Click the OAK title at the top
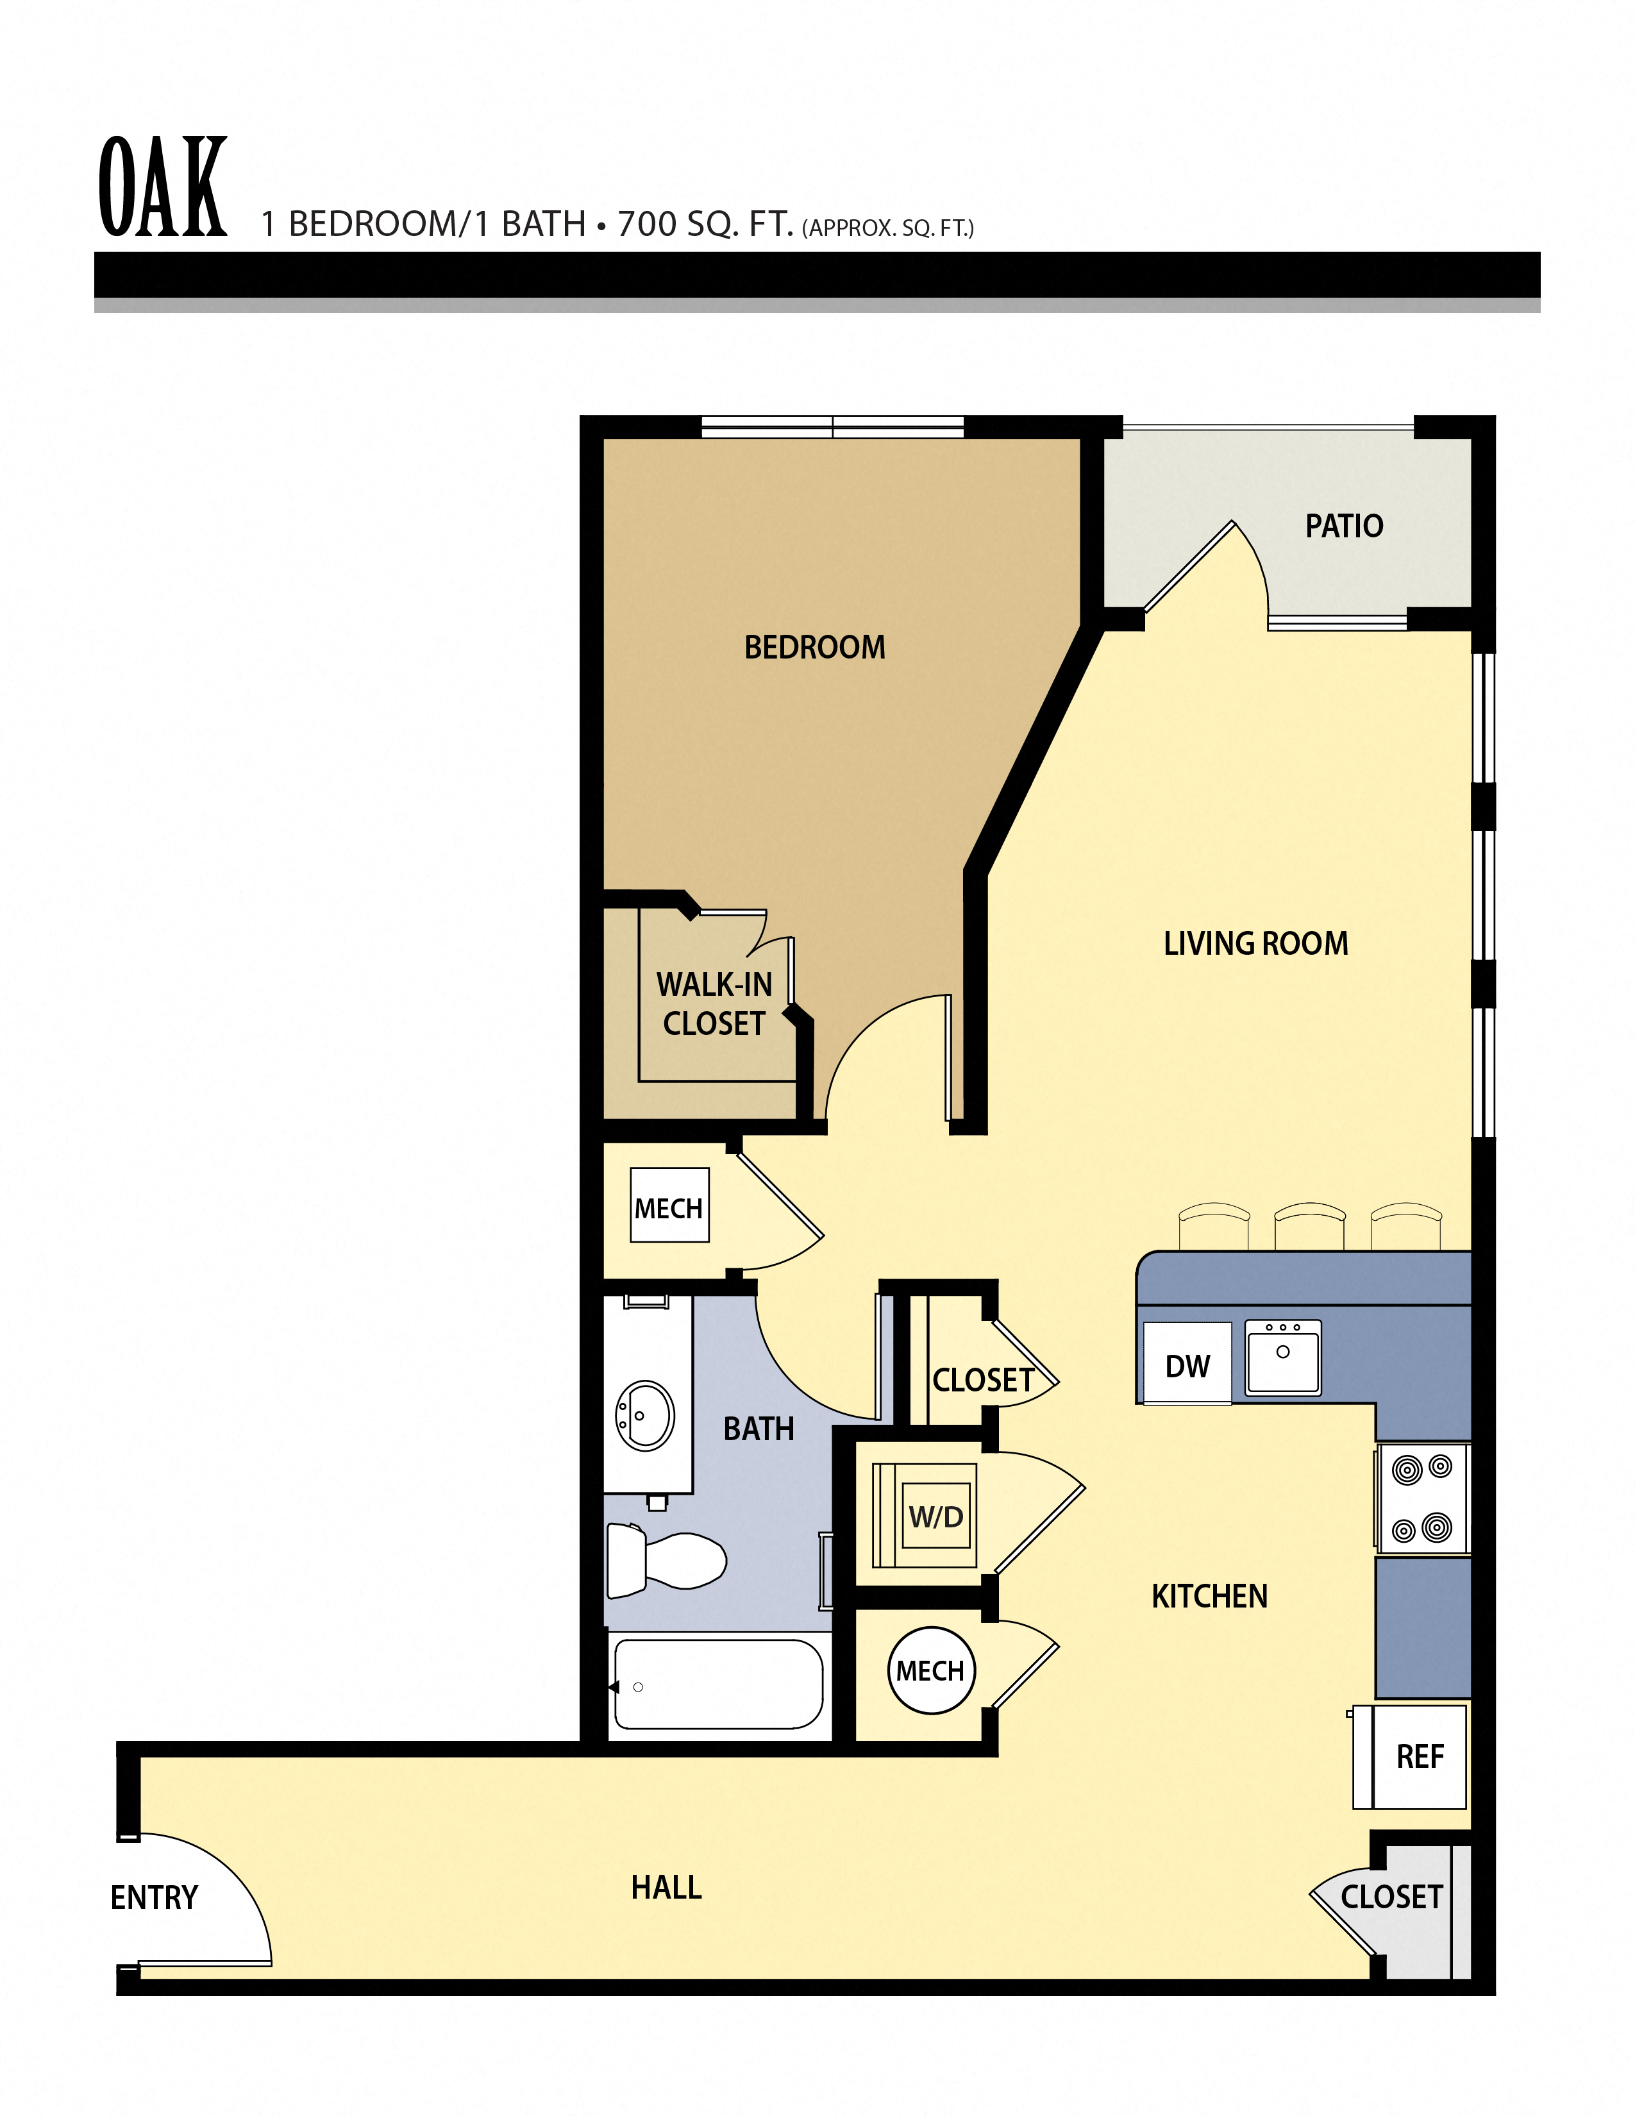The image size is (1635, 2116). (163, 187)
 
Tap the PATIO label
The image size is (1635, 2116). (1343, 526)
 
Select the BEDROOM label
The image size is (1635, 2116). (814, 647)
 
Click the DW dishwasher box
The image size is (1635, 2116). (1187, 1366)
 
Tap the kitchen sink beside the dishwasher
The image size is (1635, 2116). (1282, 1358)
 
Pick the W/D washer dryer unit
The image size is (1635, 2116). (935, 1516)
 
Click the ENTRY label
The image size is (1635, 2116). (154, 1897)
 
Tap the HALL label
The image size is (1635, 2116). (666, 1887)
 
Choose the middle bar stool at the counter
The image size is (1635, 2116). (1309, 1225)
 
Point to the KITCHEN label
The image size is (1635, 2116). (1209, 1597)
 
